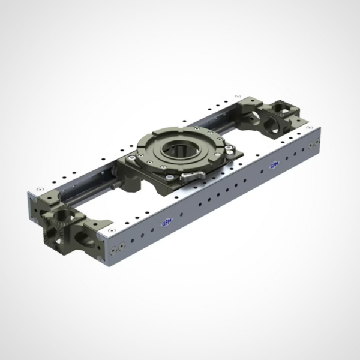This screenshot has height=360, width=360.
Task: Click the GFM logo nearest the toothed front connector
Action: (x=167, y=223)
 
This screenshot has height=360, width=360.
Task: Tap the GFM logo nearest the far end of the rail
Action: (x=274, y=165)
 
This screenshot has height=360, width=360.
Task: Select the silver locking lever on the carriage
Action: (x=193, y=176)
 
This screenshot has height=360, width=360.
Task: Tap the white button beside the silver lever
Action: (x=170, y=177)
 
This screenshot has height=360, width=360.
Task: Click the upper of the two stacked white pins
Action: (x=228, y=148)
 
